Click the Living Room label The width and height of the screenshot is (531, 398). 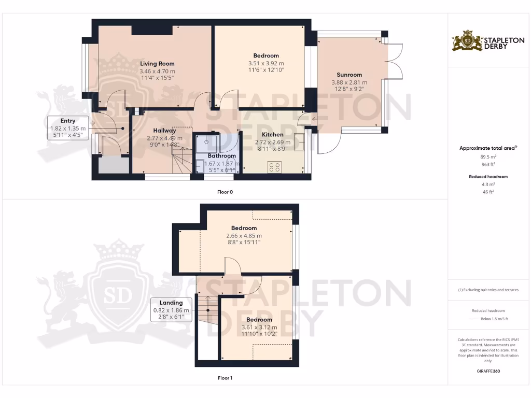coord(158,64)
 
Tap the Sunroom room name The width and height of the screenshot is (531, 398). coord(349,75)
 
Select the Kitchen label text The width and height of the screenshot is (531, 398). coord(273,135)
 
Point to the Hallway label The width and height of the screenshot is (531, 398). coord(164,131)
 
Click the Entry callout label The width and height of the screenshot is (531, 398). coord(68,121)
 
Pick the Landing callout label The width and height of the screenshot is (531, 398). coord(171,303)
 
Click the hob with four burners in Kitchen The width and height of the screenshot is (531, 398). coord(274,167)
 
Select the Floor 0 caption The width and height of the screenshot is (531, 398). coord(225,192)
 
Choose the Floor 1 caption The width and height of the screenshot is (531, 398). coord(225,378)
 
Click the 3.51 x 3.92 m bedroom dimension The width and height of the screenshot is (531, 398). coord(266,63)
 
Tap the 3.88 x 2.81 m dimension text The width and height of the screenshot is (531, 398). coord(349,82)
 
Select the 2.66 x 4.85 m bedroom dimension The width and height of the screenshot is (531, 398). coord(244,235)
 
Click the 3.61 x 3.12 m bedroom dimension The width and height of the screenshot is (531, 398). coord(259,327)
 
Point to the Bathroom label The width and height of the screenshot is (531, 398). coord(222,155)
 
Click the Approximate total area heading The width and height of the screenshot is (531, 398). coord(487,148)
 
